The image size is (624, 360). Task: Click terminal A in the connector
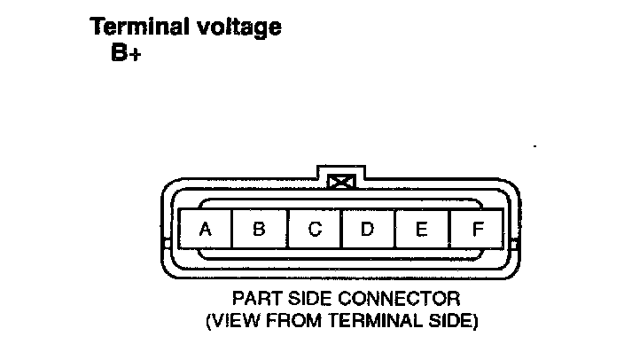[205, 230]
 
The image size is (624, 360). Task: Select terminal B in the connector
[259, 230]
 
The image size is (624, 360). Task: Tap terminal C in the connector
[315, 230]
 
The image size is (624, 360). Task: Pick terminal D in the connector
[367, 230]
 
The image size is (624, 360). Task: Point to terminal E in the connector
[422, 230]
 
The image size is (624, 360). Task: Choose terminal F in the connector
[477, 230]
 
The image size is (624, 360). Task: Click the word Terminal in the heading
[137, 27]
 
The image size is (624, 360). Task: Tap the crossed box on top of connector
[339, 183]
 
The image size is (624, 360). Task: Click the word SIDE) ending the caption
[451, 319]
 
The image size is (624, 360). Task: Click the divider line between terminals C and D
[341, 230]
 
